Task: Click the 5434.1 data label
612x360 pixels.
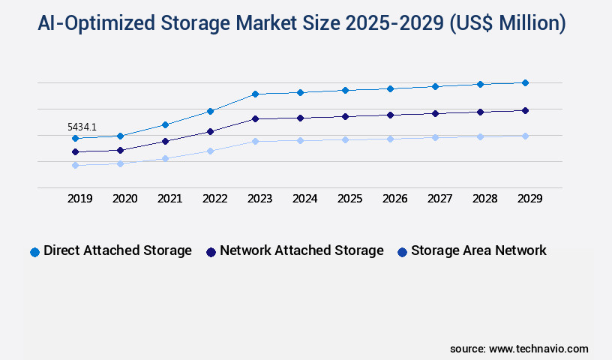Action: point(82,127)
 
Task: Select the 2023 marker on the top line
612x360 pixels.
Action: point(255,94)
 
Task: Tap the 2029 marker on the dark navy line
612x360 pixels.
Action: point(525,110)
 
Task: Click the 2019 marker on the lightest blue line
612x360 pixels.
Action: point(75,165)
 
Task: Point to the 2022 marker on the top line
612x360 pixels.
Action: point(210,111)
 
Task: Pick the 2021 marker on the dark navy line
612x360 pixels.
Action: point(165,141)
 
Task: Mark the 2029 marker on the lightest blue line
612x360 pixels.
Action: point(525,136)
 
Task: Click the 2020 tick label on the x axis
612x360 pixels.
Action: point(124,199)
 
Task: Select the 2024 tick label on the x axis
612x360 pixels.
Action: point(304,199)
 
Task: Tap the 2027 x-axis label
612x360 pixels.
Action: point(439,199)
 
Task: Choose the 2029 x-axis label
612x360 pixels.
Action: point(529,199)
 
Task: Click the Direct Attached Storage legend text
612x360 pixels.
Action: point(118,250)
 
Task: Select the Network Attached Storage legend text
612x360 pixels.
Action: point(301,250)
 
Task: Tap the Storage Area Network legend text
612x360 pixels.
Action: point(478,250)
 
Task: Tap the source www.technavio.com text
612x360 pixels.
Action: point(519,349)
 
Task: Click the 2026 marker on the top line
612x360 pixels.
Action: point(390,88)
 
